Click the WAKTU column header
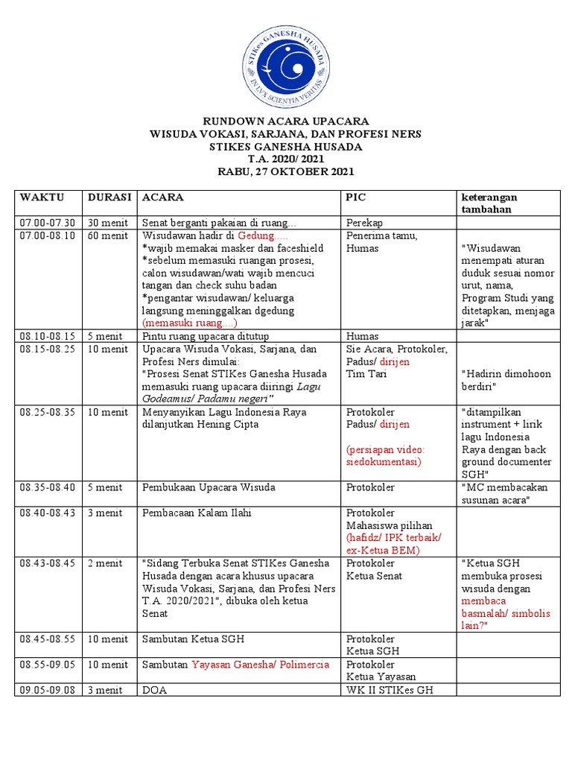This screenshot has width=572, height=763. coord(42,197)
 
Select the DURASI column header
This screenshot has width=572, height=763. coord(109,197)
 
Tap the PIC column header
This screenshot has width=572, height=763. coord(356,197)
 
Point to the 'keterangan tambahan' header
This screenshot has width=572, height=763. coord(489,203)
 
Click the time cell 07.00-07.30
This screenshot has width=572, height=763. coord(48,223)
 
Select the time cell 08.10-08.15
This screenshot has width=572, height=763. coord(48,336)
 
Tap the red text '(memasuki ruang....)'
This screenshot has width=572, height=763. coord(189,323)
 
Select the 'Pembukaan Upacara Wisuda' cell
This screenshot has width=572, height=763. coord(209,487)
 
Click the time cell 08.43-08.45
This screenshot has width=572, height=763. coord(48,563)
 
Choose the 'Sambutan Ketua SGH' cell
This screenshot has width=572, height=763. coord(193,639)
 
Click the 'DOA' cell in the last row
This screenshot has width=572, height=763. coord(155,690)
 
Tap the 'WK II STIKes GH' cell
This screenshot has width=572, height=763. coord(390,690)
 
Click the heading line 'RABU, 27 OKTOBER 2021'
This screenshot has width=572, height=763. coord(286,171)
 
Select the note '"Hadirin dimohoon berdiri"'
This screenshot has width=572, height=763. coord(506,380)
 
